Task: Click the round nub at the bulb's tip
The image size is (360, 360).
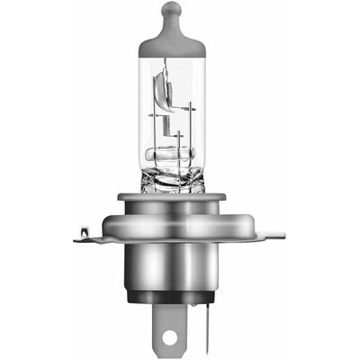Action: pos(173,11)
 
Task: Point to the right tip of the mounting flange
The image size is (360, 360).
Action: pos(280,237)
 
